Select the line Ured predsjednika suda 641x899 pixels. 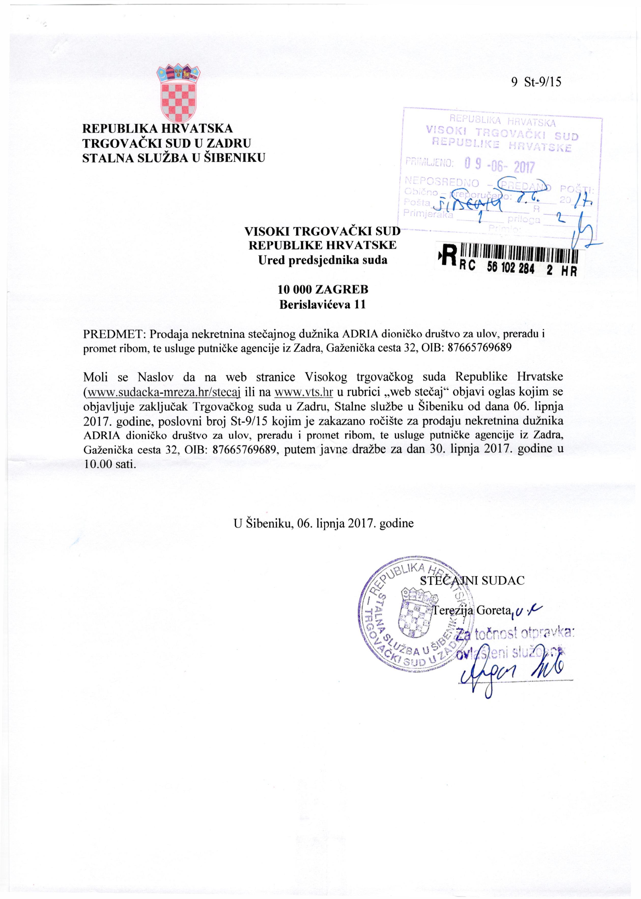tap(322, 260)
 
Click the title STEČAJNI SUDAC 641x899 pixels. tap(472, 580)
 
